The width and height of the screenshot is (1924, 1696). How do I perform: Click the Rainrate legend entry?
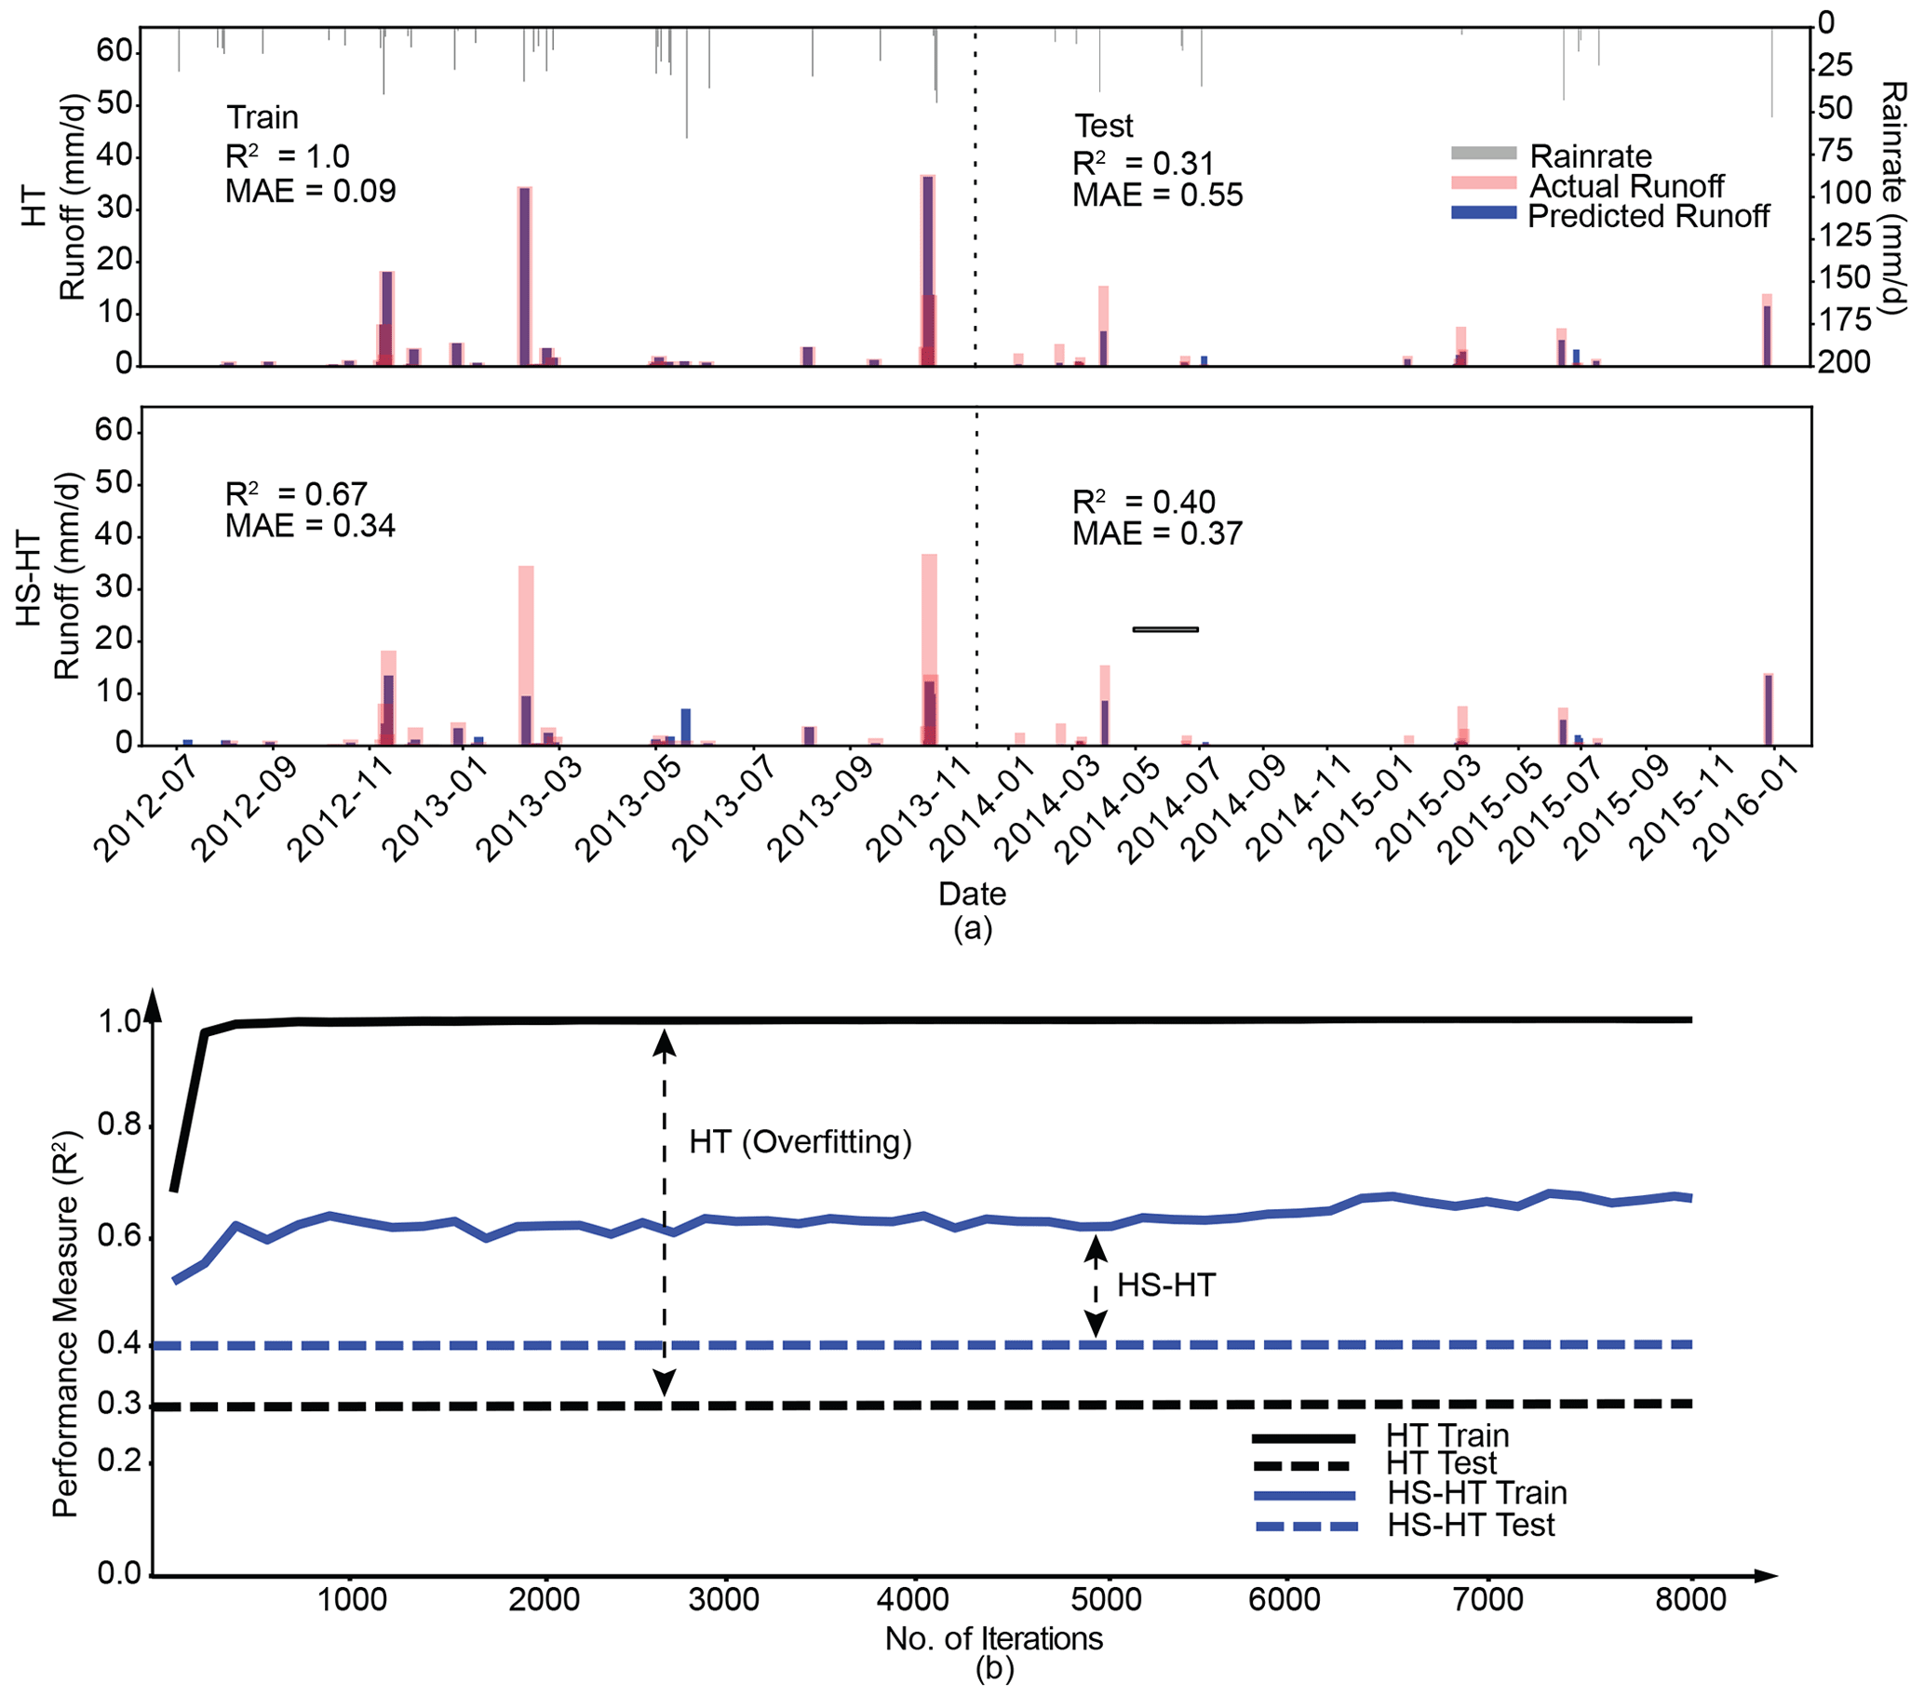pyautogui.click(x=1590, y=155)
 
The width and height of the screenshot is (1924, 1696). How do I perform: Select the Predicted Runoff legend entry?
pyautogui.click(x=1648, y=216)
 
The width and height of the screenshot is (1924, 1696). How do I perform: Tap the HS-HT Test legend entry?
pyautogui.click(x=1471, y=1525)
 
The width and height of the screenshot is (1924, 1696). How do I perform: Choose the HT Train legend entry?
pyautogui.click(x=1446, y=1436)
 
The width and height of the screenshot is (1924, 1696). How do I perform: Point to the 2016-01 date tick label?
pyautogui.click(x=1747, y=811)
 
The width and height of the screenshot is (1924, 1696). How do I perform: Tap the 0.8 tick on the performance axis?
pyautogui.click(x=118, y=1124)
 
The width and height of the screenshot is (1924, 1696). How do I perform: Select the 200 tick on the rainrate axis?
pyautogui.click(x=1843, y=362)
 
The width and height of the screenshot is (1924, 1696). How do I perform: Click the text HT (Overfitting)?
pyautogui.click(x=801, y=1141)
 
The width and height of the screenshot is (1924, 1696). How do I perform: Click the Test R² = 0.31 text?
pyautogui.click(x=1143, y=164)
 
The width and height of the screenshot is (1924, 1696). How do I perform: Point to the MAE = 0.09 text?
pyautogui.click(x=311, y=191)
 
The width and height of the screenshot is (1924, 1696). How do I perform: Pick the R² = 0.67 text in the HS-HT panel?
pyautogui.click(x=296, y=494)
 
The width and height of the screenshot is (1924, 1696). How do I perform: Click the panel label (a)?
pyautogui.click(x=973, y=929)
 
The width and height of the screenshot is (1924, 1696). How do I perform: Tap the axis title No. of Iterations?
pyautogui.click(x=993, y=1638)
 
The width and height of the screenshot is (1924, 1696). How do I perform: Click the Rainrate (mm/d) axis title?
pyautogui.click(x=1892, y=197)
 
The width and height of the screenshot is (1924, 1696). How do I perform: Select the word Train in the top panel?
pyautogui.click(x=262, y=117)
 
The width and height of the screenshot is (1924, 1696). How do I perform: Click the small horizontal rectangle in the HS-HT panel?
pyautogui.click(x=1165, y=629)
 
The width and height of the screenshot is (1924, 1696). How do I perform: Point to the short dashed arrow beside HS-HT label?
pyautogui.click(x=1095, y=1286)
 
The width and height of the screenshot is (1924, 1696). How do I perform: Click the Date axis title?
pyautogui.click(x=973, y=894)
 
